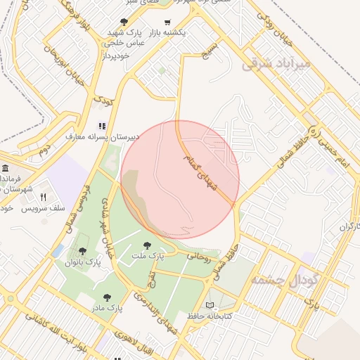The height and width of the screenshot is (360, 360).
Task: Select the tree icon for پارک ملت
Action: coord(147,245)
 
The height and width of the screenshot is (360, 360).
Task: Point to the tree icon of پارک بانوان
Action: coord(83,251)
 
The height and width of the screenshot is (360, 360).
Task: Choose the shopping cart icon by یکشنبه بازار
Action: coord(167,22)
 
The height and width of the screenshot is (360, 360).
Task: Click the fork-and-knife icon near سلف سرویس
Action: coord(44,197)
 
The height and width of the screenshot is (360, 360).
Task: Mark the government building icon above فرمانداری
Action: coord(6,169)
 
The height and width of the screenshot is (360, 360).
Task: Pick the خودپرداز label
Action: coord(118,54)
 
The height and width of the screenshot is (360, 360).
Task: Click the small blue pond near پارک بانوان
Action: coord(57,251)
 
